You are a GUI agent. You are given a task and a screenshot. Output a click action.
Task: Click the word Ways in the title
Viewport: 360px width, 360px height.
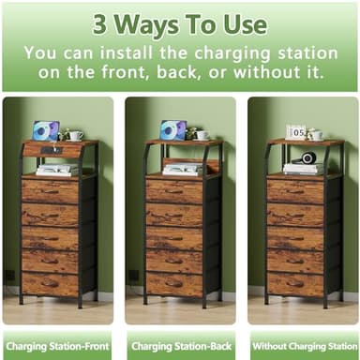156,22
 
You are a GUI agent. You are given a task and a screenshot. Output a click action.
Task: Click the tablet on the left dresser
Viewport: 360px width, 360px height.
44,130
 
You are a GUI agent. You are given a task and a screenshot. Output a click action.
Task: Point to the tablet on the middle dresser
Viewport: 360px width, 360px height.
172,130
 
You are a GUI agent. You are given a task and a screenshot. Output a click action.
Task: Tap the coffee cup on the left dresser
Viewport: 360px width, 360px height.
75,136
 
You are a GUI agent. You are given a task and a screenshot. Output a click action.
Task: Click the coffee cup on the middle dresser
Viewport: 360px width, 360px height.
202,135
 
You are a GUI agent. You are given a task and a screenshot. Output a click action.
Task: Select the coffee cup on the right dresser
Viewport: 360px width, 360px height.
317,135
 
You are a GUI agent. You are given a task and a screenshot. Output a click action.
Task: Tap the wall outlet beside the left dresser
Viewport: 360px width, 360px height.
9,276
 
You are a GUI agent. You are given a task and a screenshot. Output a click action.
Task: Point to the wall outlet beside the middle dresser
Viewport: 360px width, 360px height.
133,276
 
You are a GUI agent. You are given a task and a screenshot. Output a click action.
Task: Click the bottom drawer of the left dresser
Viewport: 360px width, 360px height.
51,282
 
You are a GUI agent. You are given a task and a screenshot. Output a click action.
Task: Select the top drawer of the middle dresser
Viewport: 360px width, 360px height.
176,191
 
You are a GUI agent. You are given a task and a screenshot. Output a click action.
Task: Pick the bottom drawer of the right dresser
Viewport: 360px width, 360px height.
295,282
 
